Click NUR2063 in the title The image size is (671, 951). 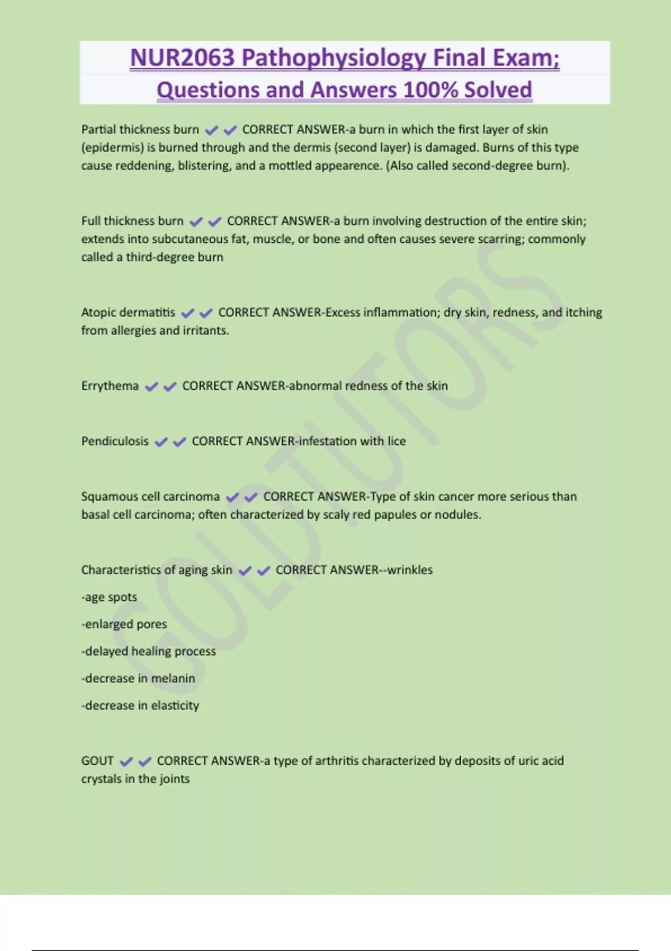(x=182, y=58)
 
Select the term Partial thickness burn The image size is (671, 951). (x=140, y=130)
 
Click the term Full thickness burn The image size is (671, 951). (x=132, y=221)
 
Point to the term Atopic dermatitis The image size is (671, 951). (x=128, y=313)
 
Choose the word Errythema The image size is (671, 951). (x=110, y=386)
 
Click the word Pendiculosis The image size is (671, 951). (x=115, y=441)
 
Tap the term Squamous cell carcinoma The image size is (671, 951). (x=150, y=497)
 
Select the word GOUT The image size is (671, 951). (x=97, y=761)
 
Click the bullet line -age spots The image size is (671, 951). (x=109, y=597)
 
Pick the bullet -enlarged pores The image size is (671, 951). (x=124, y=624)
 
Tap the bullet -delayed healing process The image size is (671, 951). (x=148, y=651)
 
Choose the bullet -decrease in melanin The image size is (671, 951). (x=138, y=679)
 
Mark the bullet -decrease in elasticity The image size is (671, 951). (x=140, y=705)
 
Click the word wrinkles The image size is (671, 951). (x=410, y=570)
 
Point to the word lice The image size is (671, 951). (x=396, y=441)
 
